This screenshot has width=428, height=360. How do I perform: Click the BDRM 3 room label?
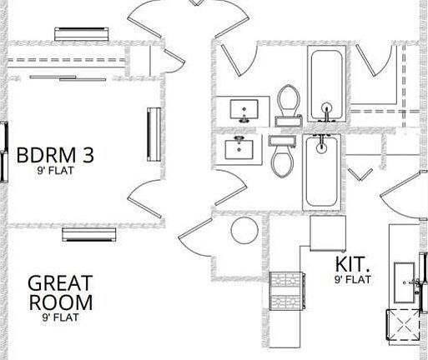(55, 155)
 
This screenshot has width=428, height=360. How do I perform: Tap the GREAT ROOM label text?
(60, 292)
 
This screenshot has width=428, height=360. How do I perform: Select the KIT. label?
(352, 264)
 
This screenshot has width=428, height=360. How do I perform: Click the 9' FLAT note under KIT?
(353, 279)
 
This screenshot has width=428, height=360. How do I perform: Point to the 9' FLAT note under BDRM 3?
(56, 170)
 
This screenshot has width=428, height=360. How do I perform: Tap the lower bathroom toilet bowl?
(283, 162)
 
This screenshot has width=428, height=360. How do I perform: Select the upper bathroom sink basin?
(244, 109)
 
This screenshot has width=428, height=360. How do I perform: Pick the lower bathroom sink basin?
(239, 149)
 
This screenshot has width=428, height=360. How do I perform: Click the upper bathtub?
(326, 84)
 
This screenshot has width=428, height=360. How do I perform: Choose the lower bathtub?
(321, 172)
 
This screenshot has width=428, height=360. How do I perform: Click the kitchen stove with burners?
(287, 291)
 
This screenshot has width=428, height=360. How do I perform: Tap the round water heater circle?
(244, 231)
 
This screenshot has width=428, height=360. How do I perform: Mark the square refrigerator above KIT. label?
(328, 233)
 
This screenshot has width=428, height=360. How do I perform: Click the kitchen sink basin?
(405, 282)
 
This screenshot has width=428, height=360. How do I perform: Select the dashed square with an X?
(403, 324)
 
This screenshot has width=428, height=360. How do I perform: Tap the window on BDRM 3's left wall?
(4, 152)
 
